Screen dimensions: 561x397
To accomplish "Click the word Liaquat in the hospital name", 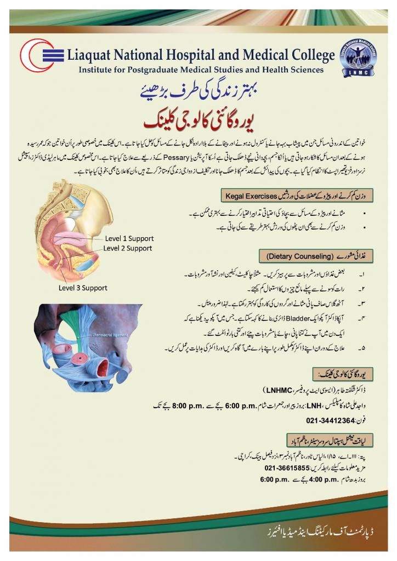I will coord(95,55).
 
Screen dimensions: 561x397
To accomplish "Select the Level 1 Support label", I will coord(130,238).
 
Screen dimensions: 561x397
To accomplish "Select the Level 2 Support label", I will coord(128,248).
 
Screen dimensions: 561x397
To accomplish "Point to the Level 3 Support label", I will coord(83,288).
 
